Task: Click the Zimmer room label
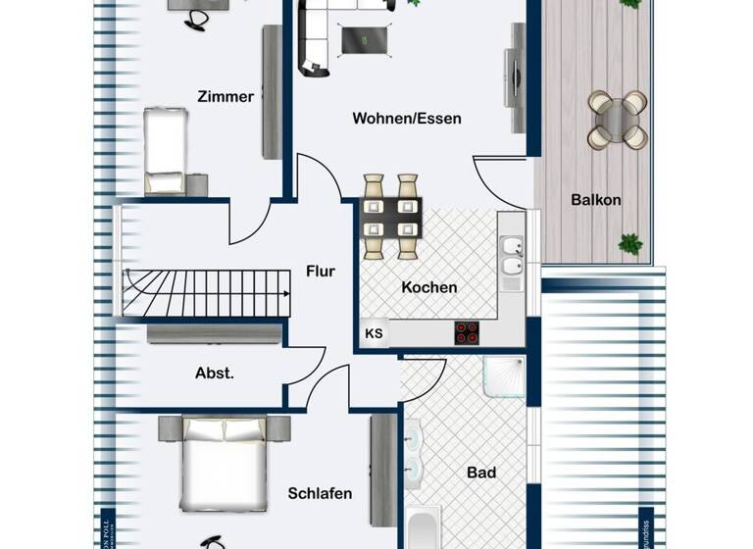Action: coord(226,96)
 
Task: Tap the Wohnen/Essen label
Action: coord(407,119)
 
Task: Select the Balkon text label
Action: coord(596,200)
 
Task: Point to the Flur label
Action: coord(321,271)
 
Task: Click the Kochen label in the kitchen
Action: coord(428,287)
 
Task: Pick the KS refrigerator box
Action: coord(374,333)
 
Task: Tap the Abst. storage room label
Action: coord(214,373)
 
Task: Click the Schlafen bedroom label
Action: coord(320,493)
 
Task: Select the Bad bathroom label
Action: coord(480,473)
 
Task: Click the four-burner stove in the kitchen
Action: coord(467,332)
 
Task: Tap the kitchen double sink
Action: coord(510,255)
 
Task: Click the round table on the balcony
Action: coord(616,120)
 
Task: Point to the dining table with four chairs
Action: coord(391,216)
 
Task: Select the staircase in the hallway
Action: coord(207,292)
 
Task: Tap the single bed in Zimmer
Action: coord(164,152)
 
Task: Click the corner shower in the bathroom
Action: coord(504,378)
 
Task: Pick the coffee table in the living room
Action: coord(363,40)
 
